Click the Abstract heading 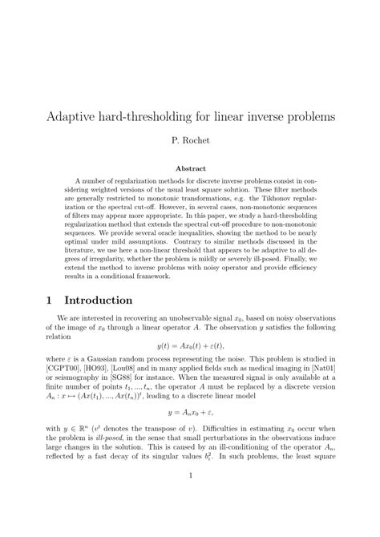point(190,169)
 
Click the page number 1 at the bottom point(190,498)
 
